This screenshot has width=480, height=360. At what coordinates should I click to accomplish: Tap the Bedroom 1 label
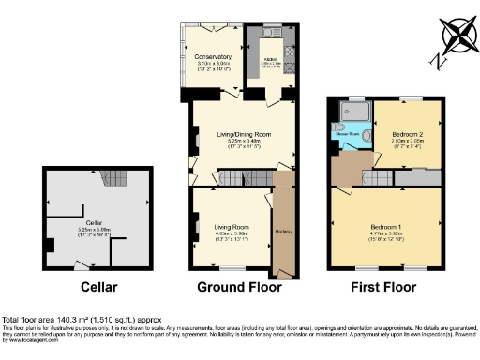pyautogui.click(x=384, y=226)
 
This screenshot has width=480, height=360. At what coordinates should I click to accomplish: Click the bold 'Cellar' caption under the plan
pyautogui.click(x=98, y=285)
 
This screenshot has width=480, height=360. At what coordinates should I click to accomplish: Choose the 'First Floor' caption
pyautogui.click(x=382, y=285)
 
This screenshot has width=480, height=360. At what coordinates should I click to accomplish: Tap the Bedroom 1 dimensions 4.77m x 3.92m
pyautogui.click(x=384, y=233)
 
